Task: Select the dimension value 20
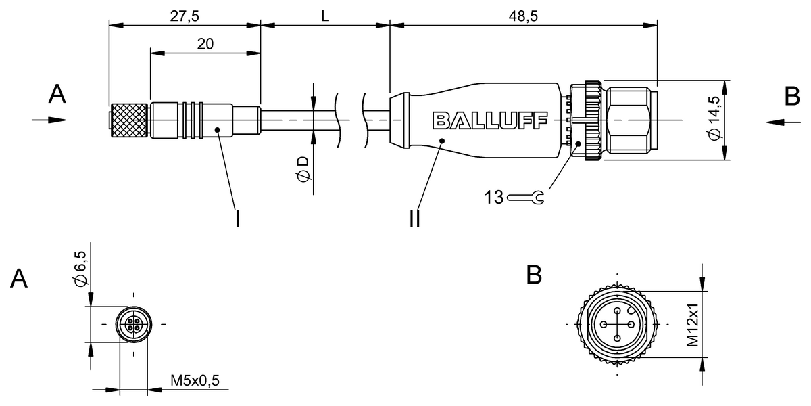click(205, 44)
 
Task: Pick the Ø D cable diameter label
click(303, 169)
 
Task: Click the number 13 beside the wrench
click(494, 198)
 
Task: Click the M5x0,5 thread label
click(195, 382)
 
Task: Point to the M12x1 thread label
click(693, 324)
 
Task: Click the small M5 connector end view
click(133, 324)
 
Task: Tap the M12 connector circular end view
click(616, 324)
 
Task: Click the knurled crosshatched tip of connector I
click(128, 120)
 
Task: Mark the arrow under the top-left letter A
click(49, 120)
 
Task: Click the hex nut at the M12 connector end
click(632, 120)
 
